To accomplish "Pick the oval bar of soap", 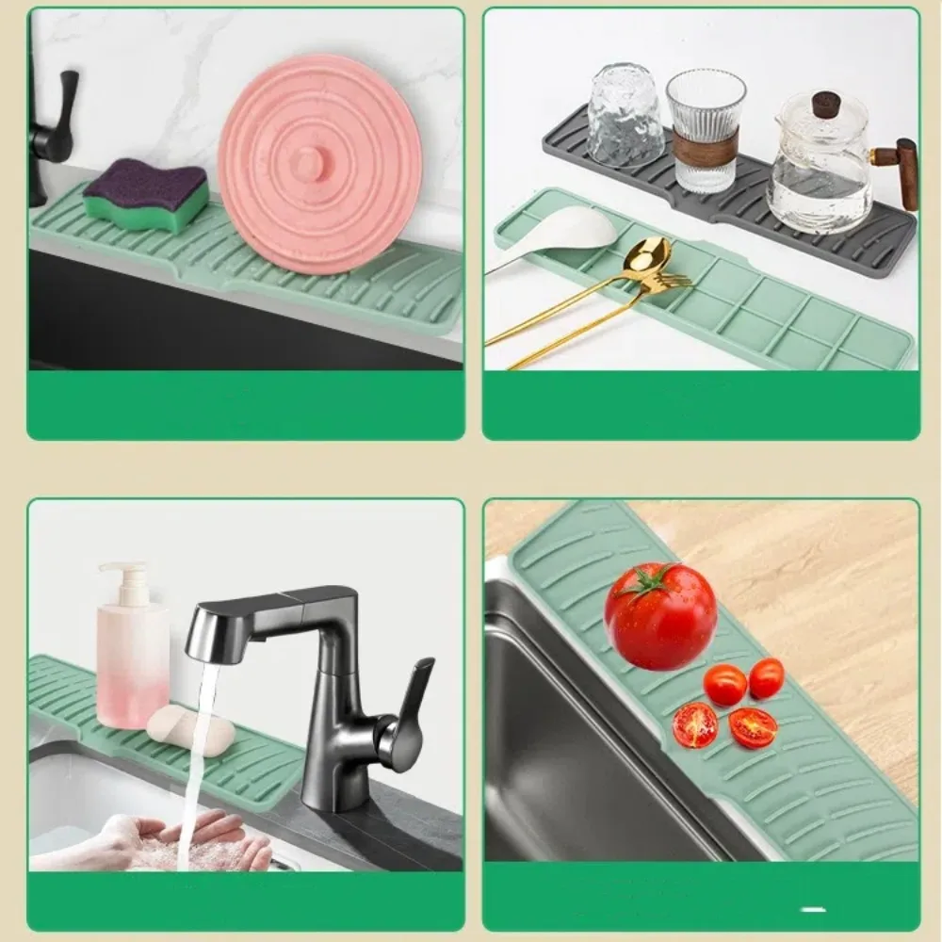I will [191, 728].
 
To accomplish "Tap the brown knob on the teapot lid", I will [825, 102].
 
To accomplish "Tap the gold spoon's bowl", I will [647, 255].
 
